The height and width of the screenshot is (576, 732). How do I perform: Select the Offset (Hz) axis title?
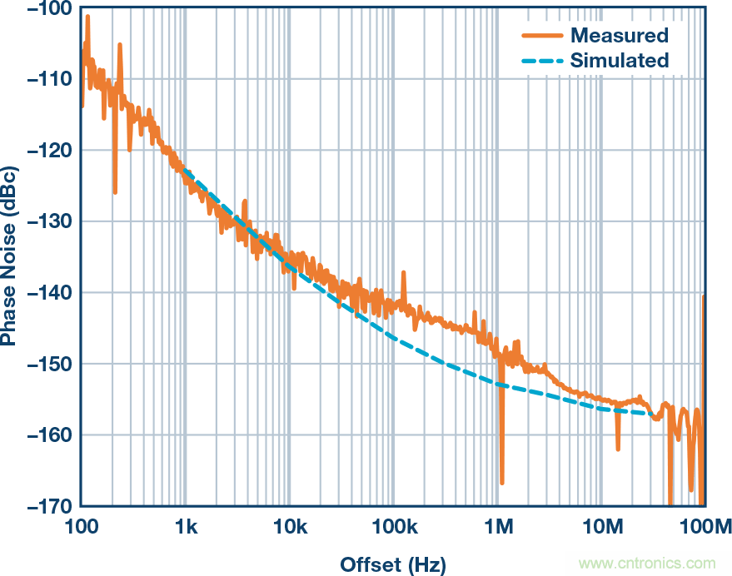point(392,564)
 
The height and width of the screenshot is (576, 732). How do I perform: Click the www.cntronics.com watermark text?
point(647,564)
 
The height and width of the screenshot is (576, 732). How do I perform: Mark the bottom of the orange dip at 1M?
point(502,482)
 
